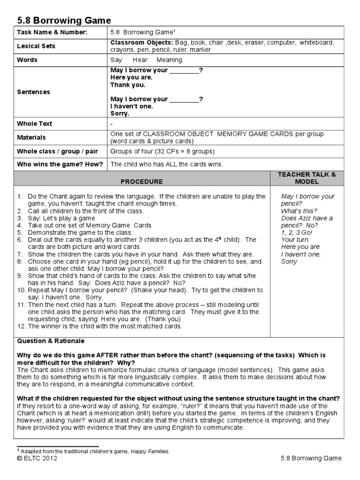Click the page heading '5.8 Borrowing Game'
point(64,20)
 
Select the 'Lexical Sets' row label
point(36,46)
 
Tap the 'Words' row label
point(27,60)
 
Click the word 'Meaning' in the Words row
point(169,60)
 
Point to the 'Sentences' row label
point(33,92)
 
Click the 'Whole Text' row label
point(35,124)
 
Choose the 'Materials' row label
point(31,137)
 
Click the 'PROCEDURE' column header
point(142,181)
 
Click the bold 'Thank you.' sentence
point(127,85)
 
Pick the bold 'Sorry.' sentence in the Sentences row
point(120,113)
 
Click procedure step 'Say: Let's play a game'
point(61,218)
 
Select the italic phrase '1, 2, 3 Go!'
point(297,232)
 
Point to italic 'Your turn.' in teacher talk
point(296,240)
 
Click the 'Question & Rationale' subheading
point(51,341)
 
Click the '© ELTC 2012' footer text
point(37,458)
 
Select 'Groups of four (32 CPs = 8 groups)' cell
point(162,151)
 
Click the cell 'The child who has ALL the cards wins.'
point(167,164)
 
